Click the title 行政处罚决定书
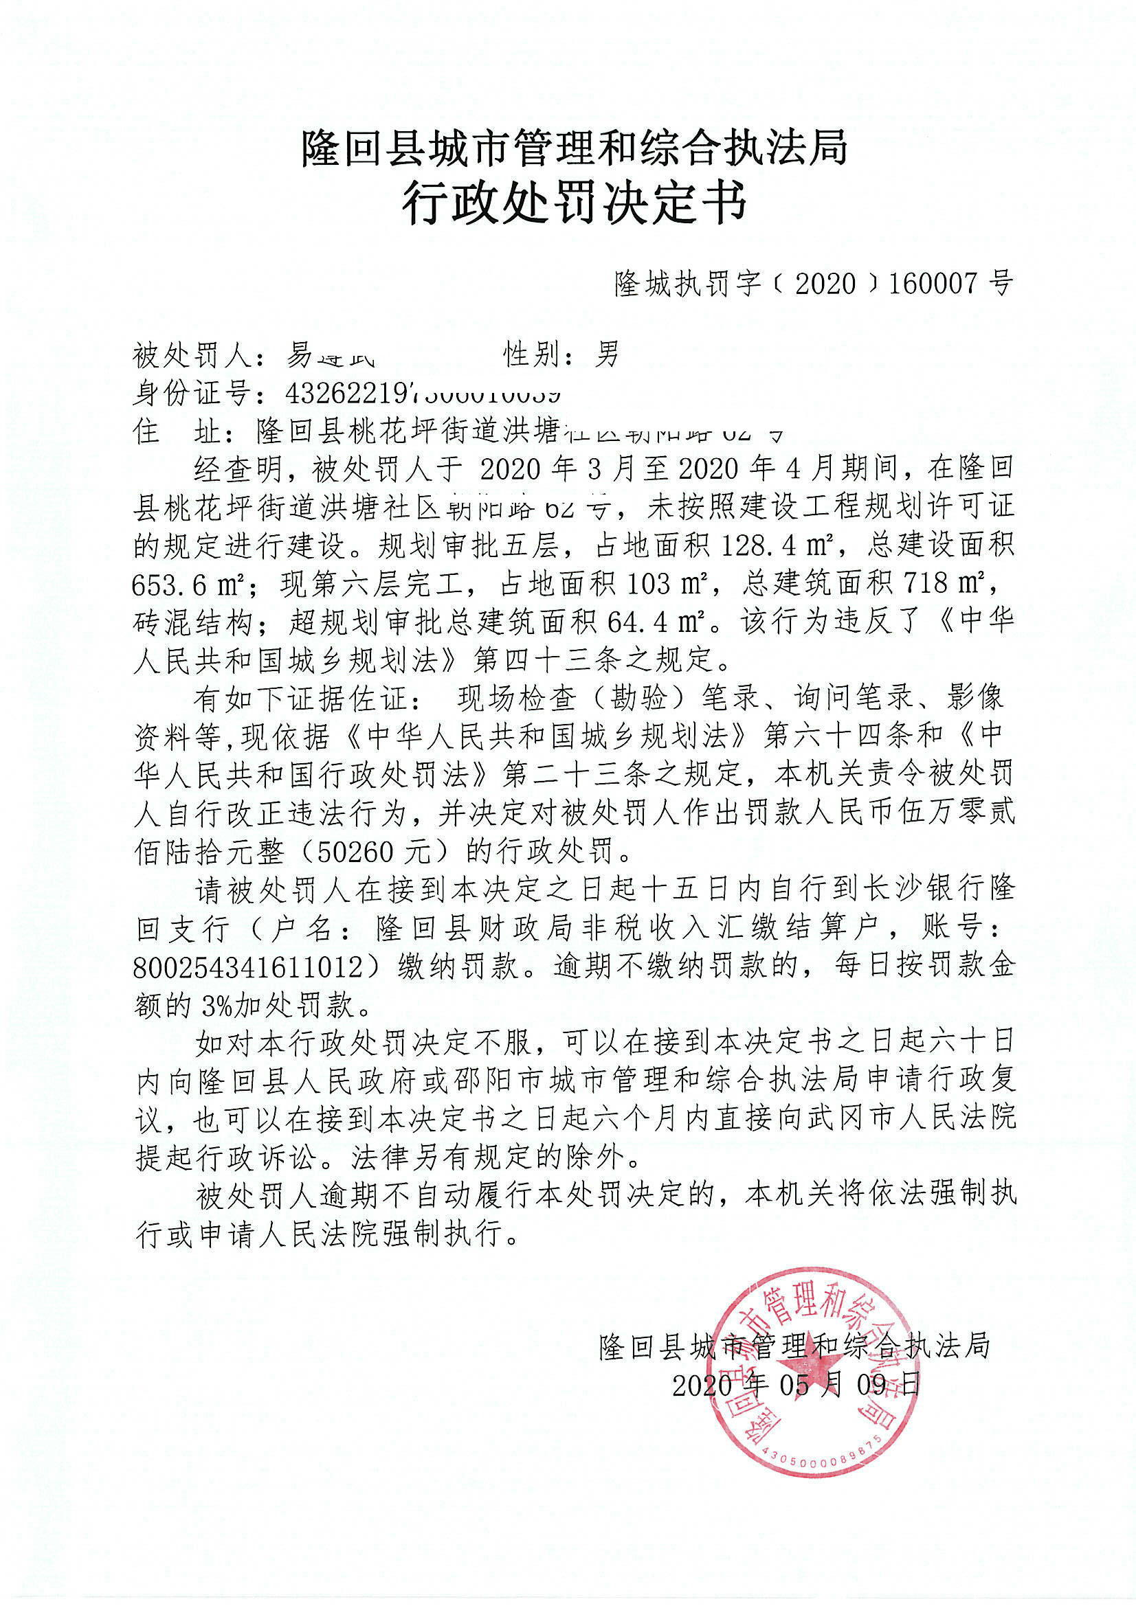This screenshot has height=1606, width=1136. pos(574,203)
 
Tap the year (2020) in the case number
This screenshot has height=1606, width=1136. pos(825,283)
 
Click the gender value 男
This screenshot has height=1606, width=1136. pos(607,355)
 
